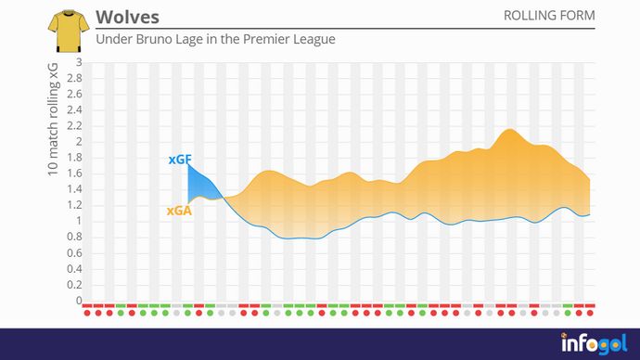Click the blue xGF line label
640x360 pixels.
[x=180, y=160]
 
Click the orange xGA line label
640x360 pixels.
[x=179, y=211]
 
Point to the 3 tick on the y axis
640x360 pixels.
[x=79, y=62]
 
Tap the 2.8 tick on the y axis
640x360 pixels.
[x=75, y=79]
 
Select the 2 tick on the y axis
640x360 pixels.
[x=79, y=142]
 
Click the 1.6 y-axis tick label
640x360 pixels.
[x=75, y=174]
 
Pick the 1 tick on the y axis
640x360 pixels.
[x=79, y=221]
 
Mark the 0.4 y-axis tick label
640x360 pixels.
[x=75, y=269]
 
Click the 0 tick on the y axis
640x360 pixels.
[x=79, y=301]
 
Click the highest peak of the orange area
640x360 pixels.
[x=509, y=130]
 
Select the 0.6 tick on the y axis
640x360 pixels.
[x=75, y=253]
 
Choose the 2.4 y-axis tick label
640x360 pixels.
[x=75, y=110]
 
